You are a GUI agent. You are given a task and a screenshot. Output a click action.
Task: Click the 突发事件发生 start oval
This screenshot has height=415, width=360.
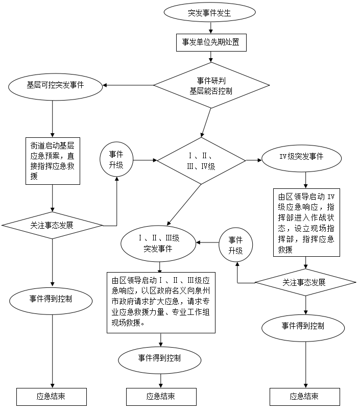210,13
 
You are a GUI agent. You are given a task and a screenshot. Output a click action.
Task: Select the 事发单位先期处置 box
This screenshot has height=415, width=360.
210,42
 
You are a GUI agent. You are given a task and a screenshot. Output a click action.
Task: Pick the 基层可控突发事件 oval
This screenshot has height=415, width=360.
55,85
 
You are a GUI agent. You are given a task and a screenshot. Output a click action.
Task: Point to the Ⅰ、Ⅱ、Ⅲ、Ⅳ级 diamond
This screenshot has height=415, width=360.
201,160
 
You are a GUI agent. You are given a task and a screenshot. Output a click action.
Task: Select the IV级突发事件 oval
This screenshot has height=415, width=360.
301,157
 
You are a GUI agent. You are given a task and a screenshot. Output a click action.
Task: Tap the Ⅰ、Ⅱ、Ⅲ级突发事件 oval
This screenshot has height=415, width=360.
158,243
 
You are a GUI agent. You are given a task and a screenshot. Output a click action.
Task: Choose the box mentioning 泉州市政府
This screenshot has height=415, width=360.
161,302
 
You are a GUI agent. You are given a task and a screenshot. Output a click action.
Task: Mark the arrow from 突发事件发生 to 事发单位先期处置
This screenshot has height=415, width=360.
210,29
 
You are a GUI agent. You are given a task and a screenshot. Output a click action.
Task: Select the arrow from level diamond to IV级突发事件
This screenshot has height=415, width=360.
253,160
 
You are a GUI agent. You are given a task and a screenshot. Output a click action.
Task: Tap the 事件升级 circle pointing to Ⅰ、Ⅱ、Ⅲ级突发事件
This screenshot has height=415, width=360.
235,246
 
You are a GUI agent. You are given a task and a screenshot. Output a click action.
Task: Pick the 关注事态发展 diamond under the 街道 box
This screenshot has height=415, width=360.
52,225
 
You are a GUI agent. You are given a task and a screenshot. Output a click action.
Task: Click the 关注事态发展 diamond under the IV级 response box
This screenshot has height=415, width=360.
305,282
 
